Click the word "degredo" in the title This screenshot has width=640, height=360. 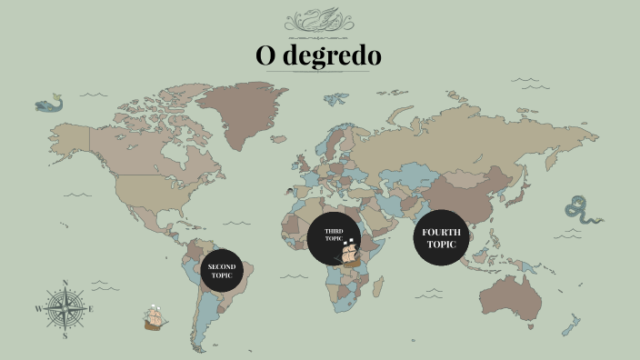pyautogui.click(x=332, y=56)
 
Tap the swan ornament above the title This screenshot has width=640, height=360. pyautogui.click(x=319, y=19)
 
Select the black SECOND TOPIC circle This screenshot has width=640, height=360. pyautogui.click(x=222, y=270)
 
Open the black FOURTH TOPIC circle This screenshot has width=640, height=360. pyautogui.click(x=441, y=238)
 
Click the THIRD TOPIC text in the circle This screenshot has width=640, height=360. pyautogui.click(x=333, y=235)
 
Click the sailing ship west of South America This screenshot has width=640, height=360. pyautogui.click(x=155, y=318)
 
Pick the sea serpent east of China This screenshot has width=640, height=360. pyautogui.click(x=582, y=210)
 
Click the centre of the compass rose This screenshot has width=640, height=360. pyautogui.click(x=65, y=308)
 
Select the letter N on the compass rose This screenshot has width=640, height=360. pyautogui.click(x=65, y=282)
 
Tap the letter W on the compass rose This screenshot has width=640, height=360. pyautogui.click(x=39, y=309)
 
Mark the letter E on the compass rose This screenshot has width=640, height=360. pyautogui.click(x=91, y=309)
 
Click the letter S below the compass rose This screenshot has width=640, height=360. pyautogui.click(x=65, y=335)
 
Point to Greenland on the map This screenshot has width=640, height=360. pyautogui.click(x=241, y=114)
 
